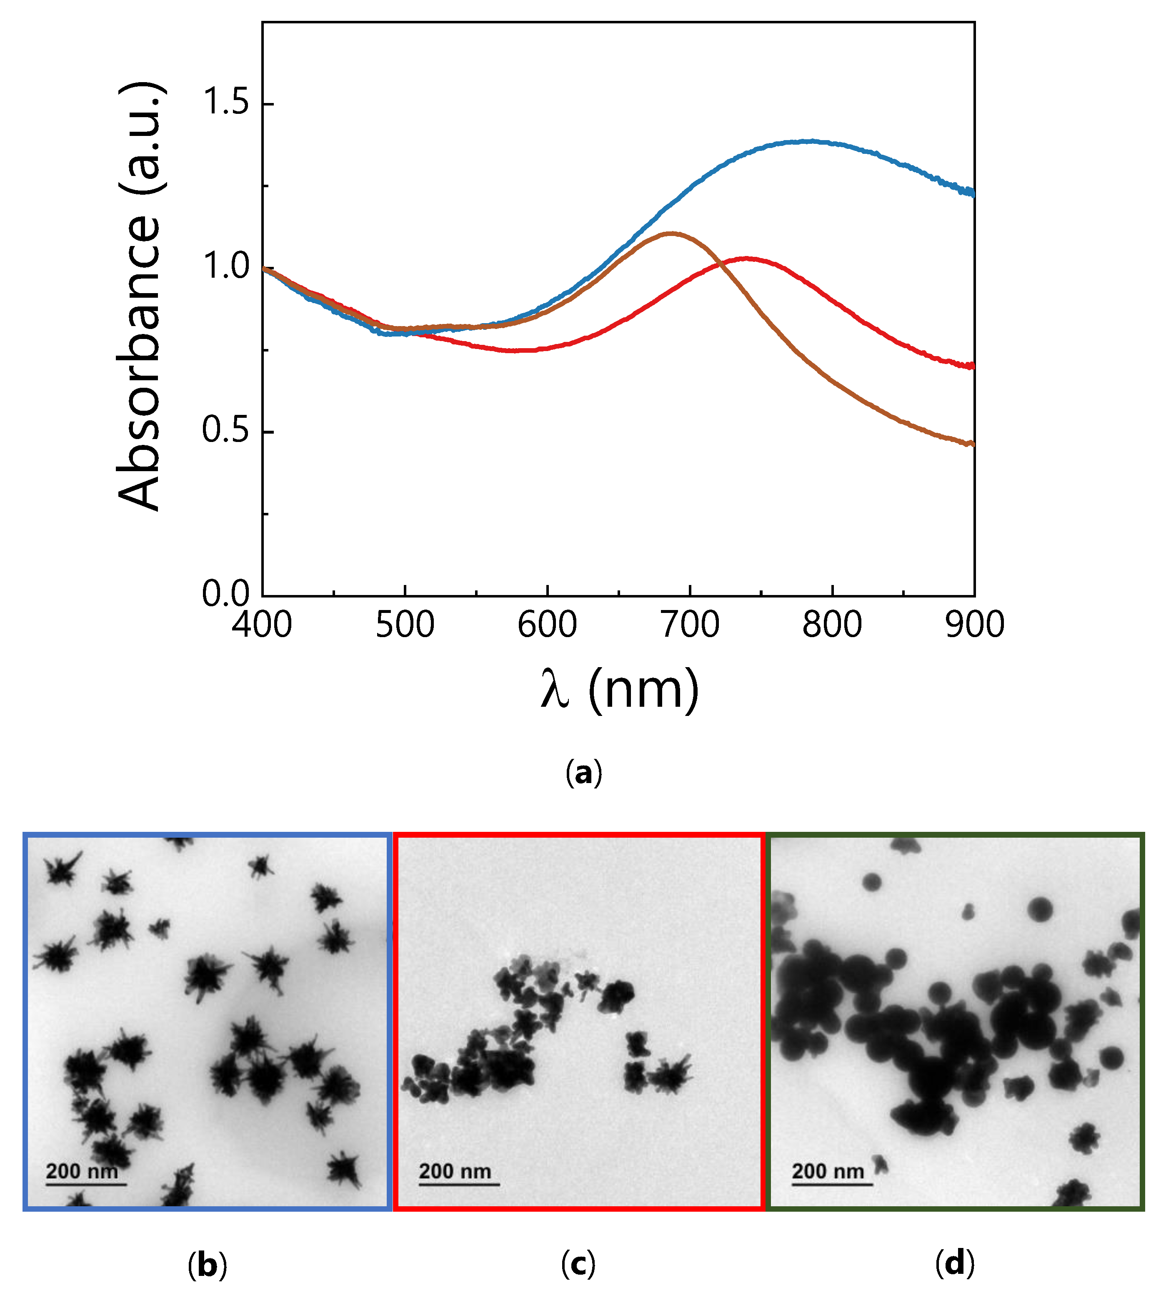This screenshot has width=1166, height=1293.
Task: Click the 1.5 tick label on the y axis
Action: pos(225,103)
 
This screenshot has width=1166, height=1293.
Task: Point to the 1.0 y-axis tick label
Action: pos(225,267)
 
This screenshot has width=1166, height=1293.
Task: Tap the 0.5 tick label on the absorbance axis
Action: pos(225,431)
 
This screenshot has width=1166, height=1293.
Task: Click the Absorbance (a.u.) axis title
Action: pos(140,296)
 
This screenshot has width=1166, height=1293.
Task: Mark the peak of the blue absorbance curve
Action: pos(811,141)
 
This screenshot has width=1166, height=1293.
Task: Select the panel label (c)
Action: pos(578,1265)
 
